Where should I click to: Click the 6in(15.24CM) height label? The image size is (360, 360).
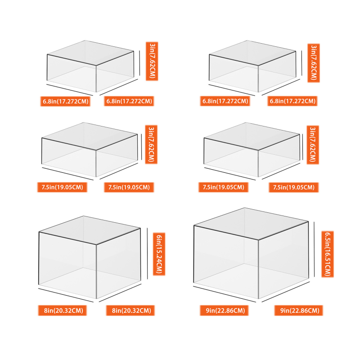pyautogui.click(x=159, y=254)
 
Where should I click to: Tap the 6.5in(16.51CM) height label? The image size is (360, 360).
pyautogui.click(x=328, y=254)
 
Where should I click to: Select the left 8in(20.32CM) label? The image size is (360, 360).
pyautogui.click(x=63, y=310)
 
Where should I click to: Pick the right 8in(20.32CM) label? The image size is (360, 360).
pyautogui.click(x=130, y=310)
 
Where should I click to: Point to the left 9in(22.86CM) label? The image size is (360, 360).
pyautogui.click(x=224, y=310)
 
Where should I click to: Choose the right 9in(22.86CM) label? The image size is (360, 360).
pyautogui.click(x=298, y=310)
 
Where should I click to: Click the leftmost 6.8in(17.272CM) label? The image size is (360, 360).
pyautogui.click(x=65, y=101)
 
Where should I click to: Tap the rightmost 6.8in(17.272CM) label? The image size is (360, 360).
pyautogui.click(x=292, y=101)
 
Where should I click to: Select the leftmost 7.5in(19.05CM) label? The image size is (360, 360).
pyautogui.click(x=62, y=187)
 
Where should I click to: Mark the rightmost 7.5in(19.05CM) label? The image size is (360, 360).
pyautogui.click(x=294, y=187)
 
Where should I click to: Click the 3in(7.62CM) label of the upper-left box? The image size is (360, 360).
pyautogui.click(x=152, y=61)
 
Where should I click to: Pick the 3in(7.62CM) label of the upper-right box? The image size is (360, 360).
pyautogui.click(x=314, y=63)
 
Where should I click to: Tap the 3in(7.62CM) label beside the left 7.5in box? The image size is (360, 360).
pyautogui.click(x=151, y=144)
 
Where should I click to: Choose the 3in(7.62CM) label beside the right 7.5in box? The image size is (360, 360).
pyautogui.click(x=313, y=145)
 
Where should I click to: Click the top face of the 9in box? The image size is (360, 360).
pyautogui.click(x=251, y=224)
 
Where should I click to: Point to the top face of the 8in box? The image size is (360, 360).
pyautogui.click(x=90, y=230)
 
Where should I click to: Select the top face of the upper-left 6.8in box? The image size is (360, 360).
pyautogui.click(x=90, y=53)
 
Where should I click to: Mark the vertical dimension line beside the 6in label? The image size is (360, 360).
pyautogui.click(x=147, y=254)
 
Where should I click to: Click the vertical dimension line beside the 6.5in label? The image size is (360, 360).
pyautogui.click(x=314, y=249)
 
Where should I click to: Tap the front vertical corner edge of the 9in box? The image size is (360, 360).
pyautogui.click(x=258, y=269)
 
